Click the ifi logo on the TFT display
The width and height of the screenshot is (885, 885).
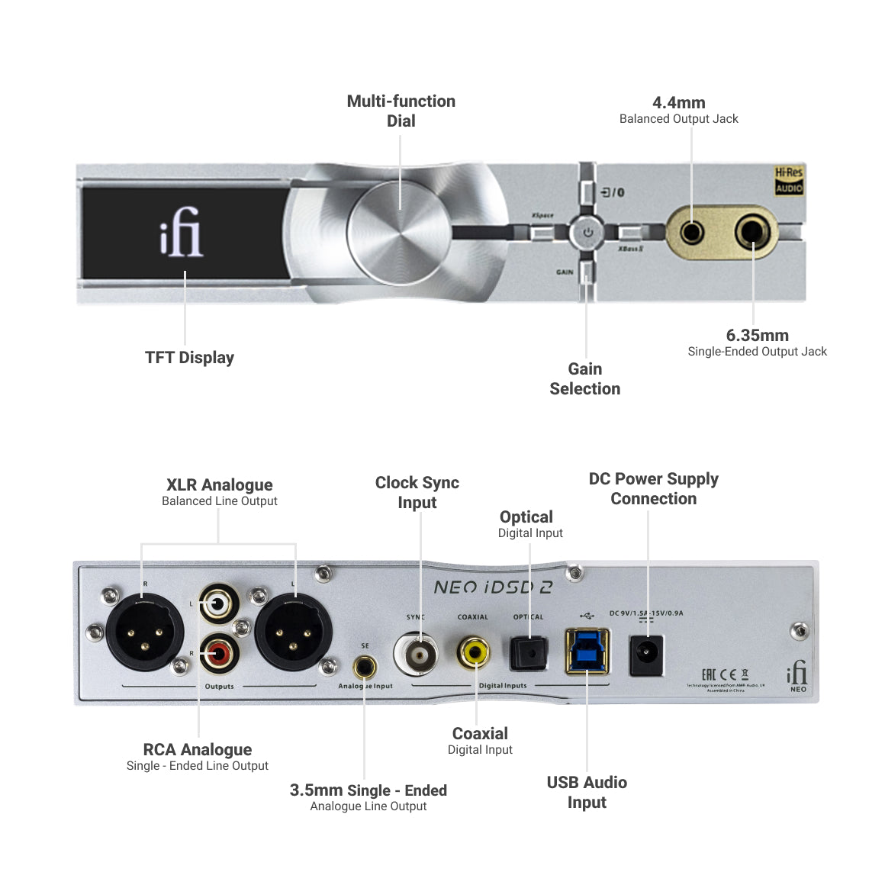tap(181, 232)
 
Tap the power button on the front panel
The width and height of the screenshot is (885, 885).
tap(587, 232)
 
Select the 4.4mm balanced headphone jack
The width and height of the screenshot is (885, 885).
tap(692, 231)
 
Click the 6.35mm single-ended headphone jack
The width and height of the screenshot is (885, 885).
tap(752, 231)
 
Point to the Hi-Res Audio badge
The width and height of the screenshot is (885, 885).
tap(789, 181)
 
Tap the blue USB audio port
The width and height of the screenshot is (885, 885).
tap(586, 651)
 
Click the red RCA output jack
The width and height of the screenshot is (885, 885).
tap(219, 653)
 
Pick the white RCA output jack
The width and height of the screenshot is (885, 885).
tap(219, 605)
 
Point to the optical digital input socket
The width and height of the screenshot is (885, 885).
tap(529, 654)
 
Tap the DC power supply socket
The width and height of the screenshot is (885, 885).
tap(646, 655)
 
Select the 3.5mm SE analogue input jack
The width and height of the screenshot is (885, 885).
tap(365, 668)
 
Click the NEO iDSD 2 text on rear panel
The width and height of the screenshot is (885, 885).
tap(493, 587)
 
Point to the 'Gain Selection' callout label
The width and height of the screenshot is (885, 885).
tap(585, 378)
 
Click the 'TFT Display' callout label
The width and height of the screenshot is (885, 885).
tap(189, 357)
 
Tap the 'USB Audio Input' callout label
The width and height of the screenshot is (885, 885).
tap(587, 792)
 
